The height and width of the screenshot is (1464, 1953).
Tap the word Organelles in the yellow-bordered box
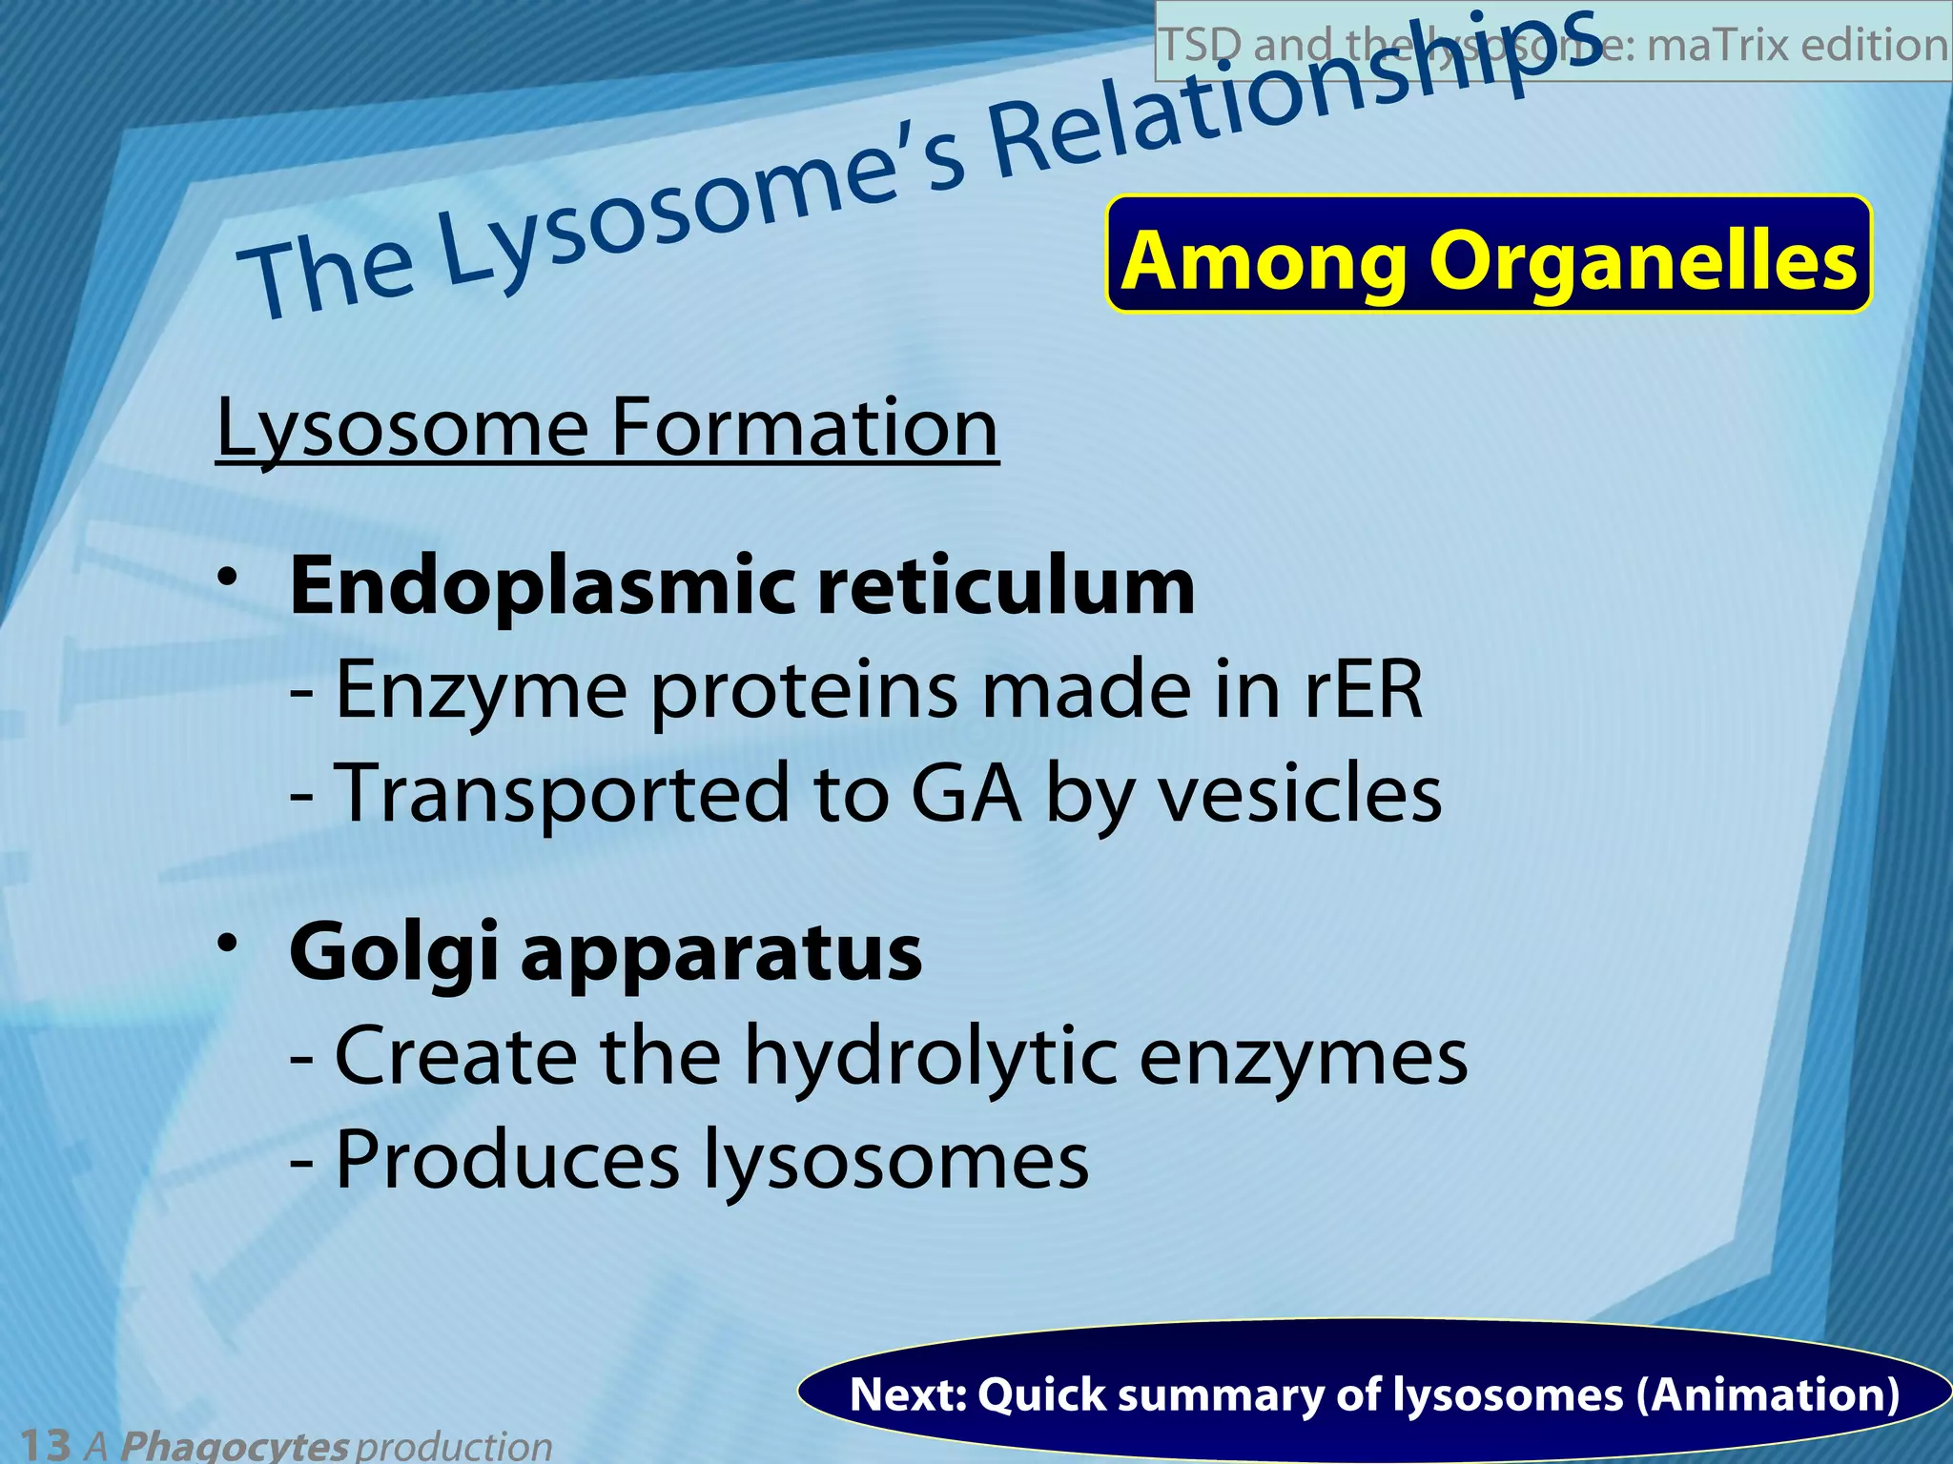coord(1642,260)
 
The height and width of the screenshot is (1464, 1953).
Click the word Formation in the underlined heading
coord(804,427)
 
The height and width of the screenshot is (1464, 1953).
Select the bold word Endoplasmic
coord(542,587)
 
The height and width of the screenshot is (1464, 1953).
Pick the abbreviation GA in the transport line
coord(965,793)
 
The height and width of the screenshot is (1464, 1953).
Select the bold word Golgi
coord(393,953)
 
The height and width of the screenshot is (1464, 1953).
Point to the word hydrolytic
coord(930,1056)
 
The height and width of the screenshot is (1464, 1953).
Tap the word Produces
coord(507,1159)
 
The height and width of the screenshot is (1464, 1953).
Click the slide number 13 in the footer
coord(44,1443)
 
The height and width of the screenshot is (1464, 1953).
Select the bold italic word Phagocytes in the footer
coord(234,1445)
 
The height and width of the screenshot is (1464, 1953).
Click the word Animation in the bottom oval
coord(1767,1394)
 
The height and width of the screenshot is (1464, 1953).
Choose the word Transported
coord(563,793)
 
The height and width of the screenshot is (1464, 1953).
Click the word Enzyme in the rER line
coord(481,691)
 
